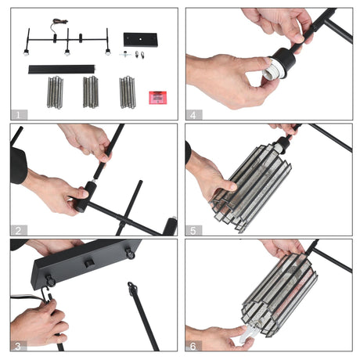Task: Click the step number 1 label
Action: pos(18,115)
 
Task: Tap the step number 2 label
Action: pos(18,231)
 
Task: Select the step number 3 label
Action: pos(18,346)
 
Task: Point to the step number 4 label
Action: pos(193,115)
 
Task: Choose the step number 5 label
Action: pos(193,231)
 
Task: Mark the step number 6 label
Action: pos(193,346)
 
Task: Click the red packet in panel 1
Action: pos(158,98)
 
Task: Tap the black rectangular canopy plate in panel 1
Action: pos(140,40)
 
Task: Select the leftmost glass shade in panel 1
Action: pos(55,92)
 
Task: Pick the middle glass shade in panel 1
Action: pos(91,92)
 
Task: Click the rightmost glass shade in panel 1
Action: pos(128,92)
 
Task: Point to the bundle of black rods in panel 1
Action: pos(62,70)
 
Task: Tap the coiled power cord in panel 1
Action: pos(59,23)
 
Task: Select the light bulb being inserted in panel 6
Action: pos(249,334)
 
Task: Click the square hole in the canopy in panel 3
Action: pos(89,263)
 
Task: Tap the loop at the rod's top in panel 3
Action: pos(132,287)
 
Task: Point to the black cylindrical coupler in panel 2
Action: pos(85,196)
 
